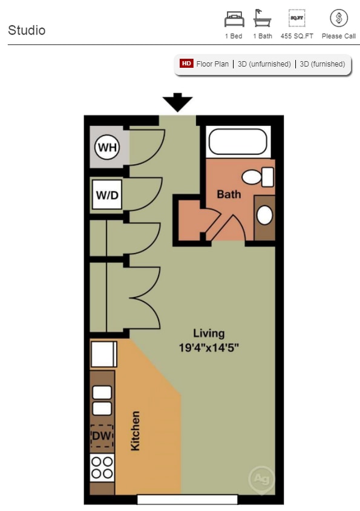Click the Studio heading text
[x=27, y=30]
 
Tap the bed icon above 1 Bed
[x=234, y=19]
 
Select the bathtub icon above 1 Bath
[x=263, y=19]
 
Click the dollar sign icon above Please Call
[x=339, y=19]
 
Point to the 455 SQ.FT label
[x=296, y=36]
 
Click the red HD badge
[x=186, y=64]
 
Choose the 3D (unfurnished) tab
[x=264, y=64]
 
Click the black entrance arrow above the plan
[x=177, y=102]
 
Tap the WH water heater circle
[x=107, y=148]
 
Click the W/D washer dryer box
[x=107, y=196]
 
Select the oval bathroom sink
[x=264, y=215]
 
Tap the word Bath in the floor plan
[x=229, y=194]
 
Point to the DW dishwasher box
[x=102, y=436]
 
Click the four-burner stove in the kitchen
[x=102, y=467]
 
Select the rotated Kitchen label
[x=136, y=430]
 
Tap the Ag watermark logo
[x=261, y=479]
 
